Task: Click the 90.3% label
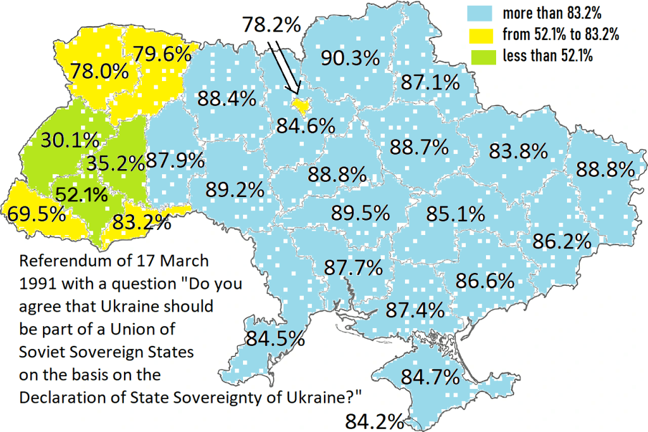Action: [x=350, y=58]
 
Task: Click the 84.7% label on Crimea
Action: [x=430, y=378]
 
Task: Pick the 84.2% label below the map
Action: [x=375, y=421]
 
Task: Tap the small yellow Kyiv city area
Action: [x=300, y=105]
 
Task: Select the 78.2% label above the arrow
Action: [x=271, y=25]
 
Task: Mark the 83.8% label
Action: [x=518, y=152]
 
